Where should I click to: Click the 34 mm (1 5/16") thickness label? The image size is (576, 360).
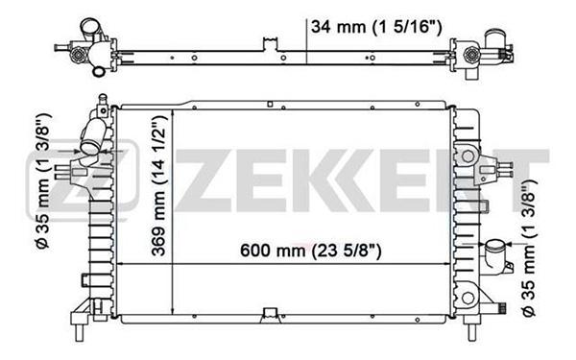pyautogui.click(x=376, y=27)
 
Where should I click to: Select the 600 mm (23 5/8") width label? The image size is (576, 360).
pyautogui.click(x=311, y=251)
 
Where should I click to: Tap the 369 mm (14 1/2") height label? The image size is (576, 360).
pyautogui.click(x=159, y=186)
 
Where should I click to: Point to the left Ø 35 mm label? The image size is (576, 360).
pyautogui.click(x=44, y=181)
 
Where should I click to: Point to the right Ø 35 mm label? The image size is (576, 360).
pyautogui.click(x=529, y=248)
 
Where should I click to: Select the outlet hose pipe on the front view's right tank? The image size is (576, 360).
pyautogui.click(x=496, y=256)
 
